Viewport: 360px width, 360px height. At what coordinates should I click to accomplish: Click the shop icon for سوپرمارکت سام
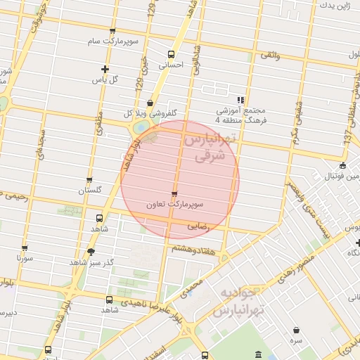tap(112, 31)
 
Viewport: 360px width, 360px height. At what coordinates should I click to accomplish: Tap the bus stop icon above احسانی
tap(171, 53)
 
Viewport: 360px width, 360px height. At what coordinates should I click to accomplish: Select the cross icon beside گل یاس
tap(105, 69)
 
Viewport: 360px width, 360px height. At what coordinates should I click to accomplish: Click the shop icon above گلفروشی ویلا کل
tap(150, 103)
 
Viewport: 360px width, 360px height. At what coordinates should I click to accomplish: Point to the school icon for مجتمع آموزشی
tap(240, 100)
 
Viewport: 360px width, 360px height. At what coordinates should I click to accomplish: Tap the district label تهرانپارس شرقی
tap(210, 148)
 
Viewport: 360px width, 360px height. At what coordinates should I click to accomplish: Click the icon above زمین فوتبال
tap(342, 166)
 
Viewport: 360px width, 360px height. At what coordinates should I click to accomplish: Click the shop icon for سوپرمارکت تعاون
tap(174, 193)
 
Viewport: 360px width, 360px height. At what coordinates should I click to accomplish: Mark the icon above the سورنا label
tap(25, 248)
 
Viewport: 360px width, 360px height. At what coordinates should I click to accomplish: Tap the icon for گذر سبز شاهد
tap(91, 252)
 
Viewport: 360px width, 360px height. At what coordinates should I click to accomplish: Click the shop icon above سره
tap(295, 330)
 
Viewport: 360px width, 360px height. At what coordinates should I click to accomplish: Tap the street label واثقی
tap(270, 54)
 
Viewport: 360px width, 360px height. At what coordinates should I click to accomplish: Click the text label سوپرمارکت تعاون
tap(175, 205)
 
